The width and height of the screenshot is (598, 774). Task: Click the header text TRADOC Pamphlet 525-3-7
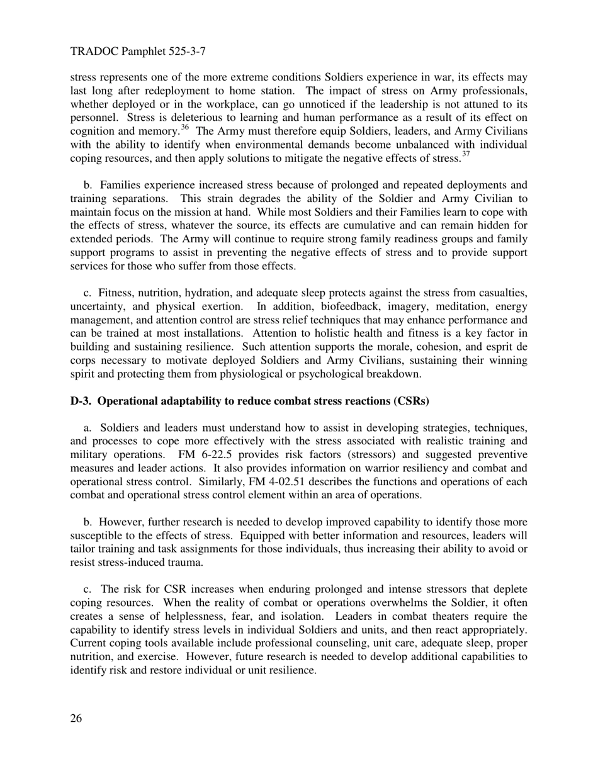137,52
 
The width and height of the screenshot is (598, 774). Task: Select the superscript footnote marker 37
465,154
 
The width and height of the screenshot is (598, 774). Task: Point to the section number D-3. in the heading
81,401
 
